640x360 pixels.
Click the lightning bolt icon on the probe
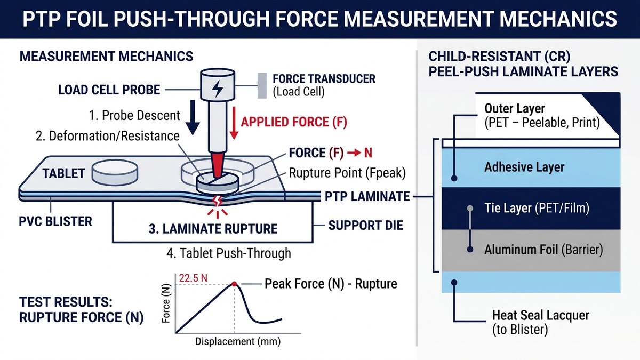(218, 89)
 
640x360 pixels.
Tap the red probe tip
(218, 165)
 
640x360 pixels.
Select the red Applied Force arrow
(234, 123)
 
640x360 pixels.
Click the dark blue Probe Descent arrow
(193, 117)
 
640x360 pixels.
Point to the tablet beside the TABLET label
(115, 171)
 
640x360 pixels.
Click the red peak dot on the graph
(234, 284)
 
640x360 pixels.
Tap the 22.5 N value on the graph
(193, 278)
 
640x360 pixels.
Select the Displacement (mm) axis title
(238, 341)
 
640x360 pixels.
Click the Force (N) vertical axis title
(166, 303)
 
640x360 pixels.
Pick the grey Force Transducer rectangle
(262, 85)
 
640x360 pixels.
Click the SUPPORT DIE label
(366, 226)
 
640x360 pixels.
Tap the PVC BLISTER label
(55, 221)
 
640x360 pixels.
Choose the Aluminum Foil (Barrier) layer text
(543, 250)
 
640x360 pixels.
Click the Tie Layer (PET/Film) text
(537, 208)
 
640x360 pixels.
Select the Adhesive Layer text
(524, 167)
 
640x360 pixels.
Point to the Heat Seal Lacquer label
(541, 322)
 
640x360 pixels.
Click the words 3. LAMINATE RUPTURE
(213, 229)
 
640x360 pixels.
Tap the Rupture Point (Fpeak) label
(347, 173)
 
